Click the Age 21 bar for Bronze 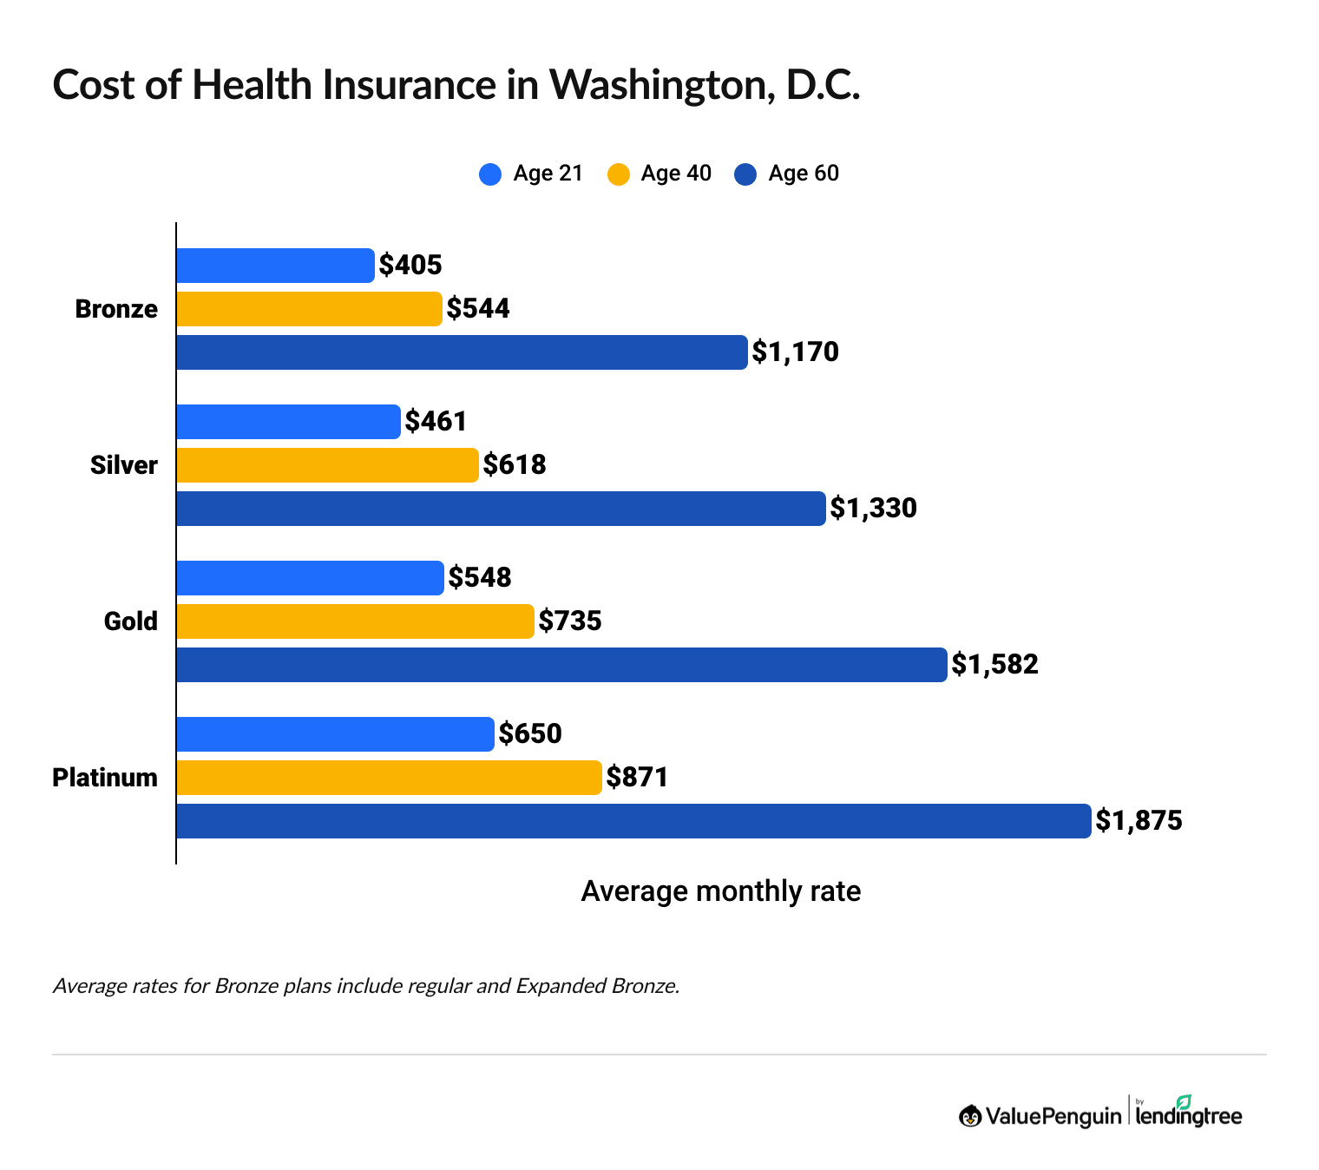pos(275,266)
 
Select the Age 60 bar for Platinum pos(633,821)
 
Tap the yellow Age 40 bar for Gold pos(355,621)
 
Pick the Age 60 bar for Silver pos(501,509)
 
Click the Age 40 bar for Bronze pos(309,309)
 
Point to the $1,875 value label pos(1139,821)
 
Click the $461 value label pos(436,422)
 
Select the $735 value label pos(570,621)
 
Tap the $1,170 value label pos(795,352)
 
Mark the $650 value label pos(530,734)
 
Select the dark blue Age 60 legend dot pos(745,174)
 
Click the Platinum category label pos(105,778)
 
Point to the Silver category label pos(124,465)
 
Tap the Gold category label pos(131,621)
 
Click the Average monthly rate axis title pos(720,891)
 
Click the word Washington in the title pos(660,85)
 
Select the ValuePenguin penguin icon pos(969,1116)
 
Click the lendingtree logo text pos(1189,1115)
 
